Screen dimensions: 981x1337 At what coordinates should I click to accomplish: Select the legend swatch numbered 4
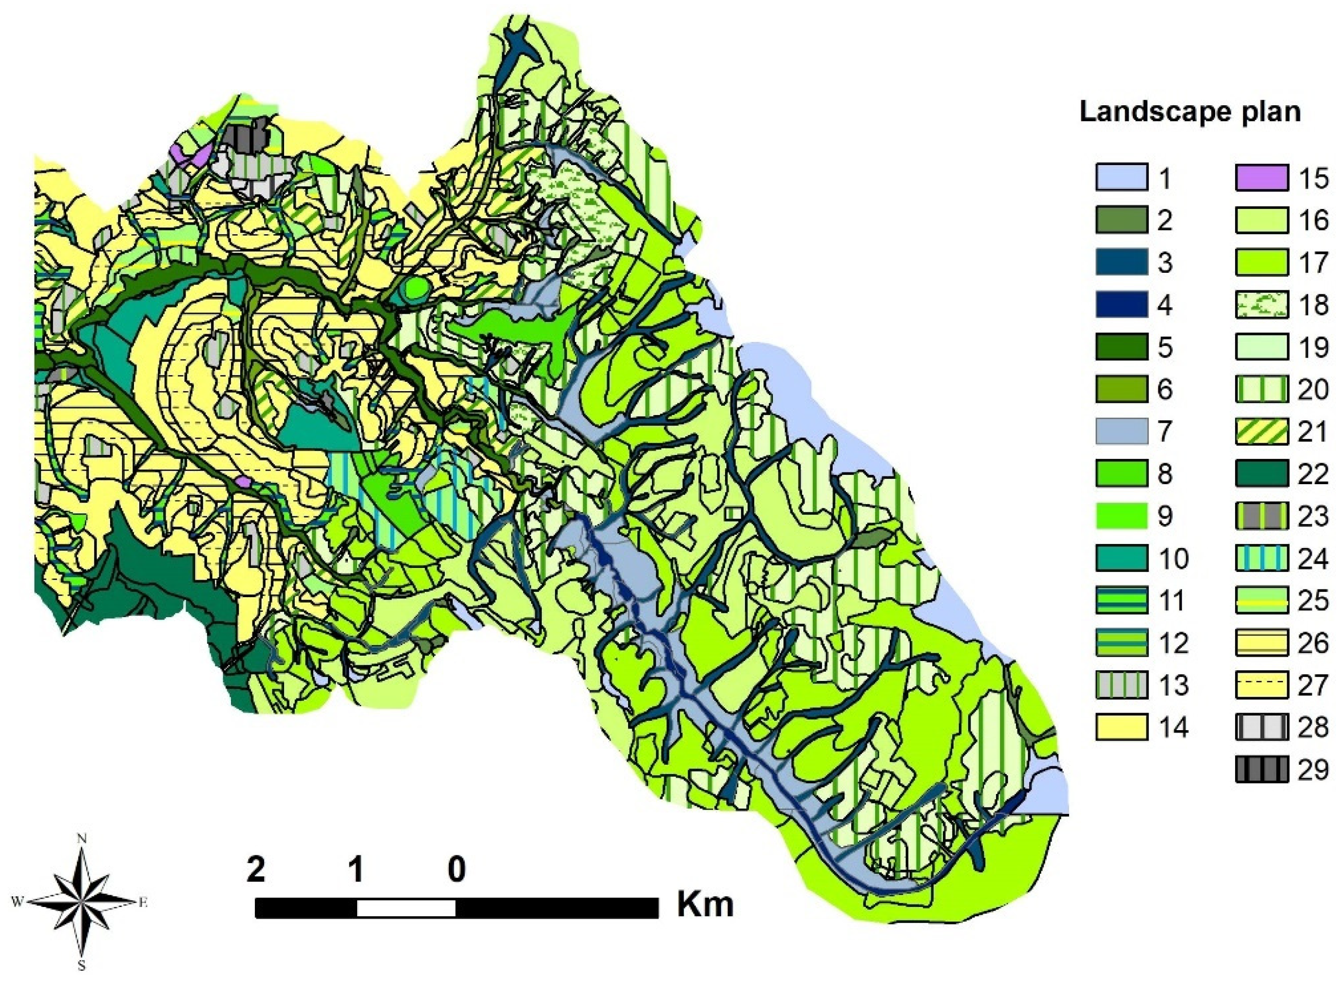(x=1121, y=306)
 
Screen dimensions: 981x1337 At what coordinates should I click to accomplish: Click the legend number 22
(x=1314, y=474)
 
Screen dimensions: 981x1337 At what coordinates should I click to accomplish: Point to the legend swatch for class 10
(x=1121, y=559)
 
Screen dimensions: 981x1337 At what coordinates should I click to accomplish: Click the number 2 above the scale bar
(x=256, y=870)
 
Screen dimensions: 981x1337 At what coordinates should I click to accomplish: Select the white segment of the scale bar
(x=406, y=908)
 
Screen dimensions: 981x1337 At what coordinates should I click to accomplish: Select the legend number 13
(x=1173, y=685)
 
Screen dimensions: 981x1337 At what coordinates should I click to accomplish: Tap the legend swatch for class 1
(x=1121, y=179)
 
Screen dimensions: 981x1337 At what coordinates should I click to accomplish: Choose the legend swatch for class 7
(x=1121, y=432)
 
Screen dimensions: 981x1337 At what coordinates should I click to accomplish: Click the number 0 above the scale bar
(x=456, y=870)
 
